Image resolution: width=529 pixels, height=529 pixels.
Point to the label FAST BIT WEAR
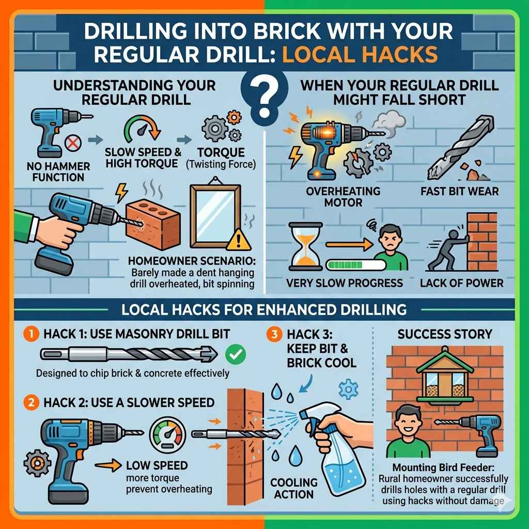(459, 191)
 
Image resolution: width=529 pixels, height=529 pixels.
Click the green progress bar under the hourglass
(356, 265)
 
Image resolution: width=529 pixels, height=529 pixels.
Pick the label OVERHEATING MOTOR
(336, 196)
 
